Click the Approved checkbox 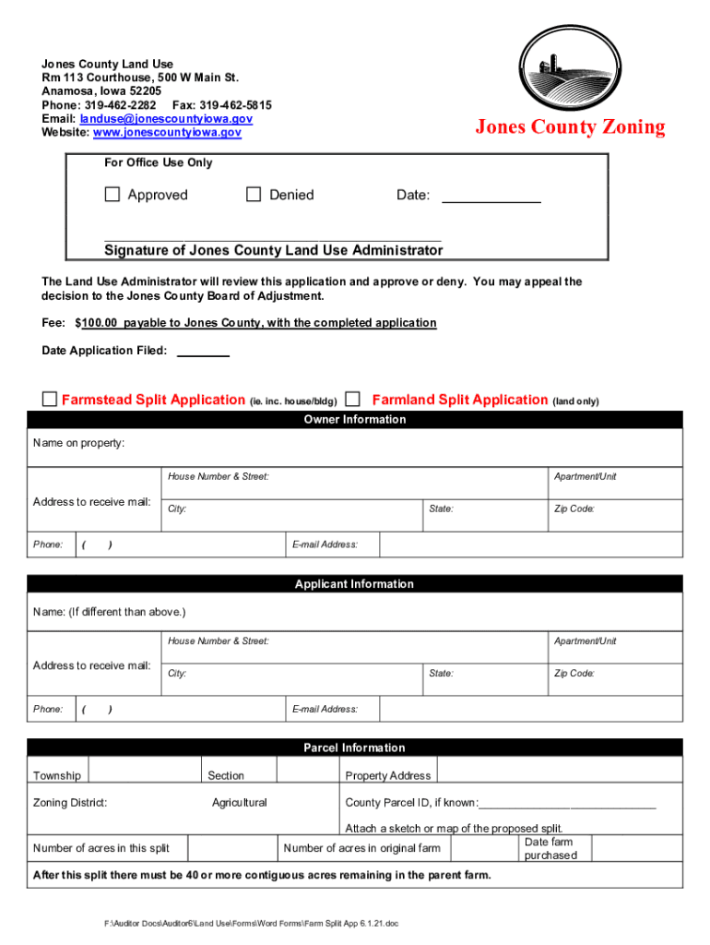[x=112, y=195]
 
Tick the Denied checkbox [x=254, y=195]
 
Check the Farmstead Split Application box [x=50, y=399]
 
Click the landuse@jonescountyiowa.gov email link [x=166, y=119]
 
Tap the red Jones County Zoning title [x=569, y=127]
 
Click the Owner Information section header [x=354, y=420]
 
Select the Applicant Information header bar [x=354, y=584]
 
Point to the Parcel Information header [x=354, y=748]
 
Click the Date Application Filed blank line [x=202, y=352]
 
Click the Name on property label [x=78, y=443]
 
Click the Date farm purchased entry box [x=635, y=848]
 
